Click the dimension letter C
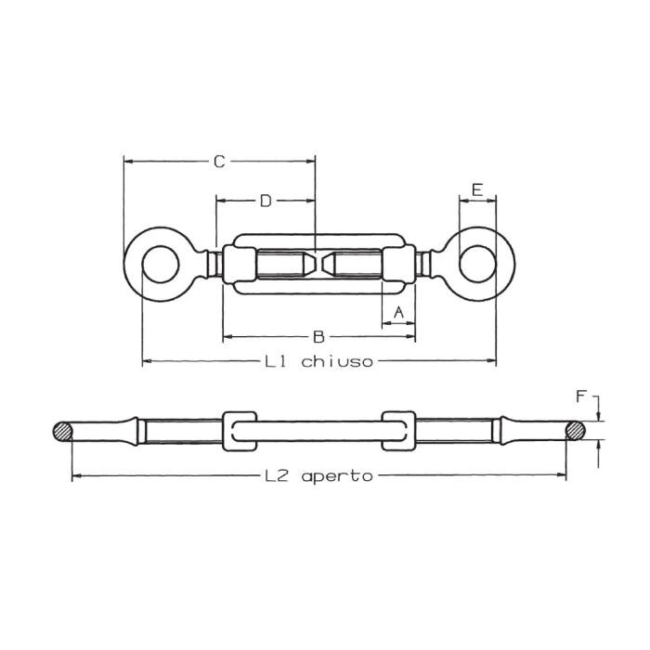pyautogui.click(x=219, y=162)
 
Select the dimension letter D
pyautogui.click(x=265, y=200)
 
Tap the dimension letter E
pyautogui.click(x=477, y=189)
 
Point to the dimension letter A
pyautogui.click(x=399, y=312)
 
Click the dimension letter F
pyautogui.click(x=581, y=396)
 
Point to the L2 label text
pyautogui.click(x=277, y=475)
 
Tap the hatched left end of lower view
pyautogui.click(x=62, y=432)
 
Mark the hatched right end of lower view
pyautogui.click(x=577, y=431)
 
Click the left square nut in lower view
pyautogui.click(x=240, y=431)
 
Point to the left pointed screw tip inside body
pyautogui.click(x=306, y=264)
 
